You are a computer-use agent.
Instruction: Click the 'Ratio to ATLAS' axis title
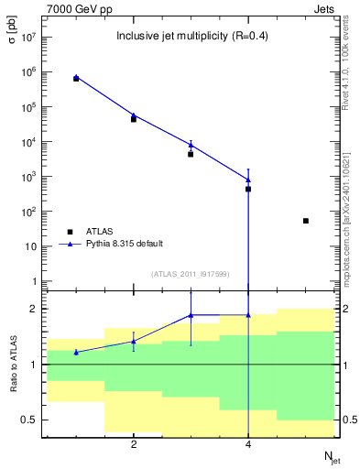tap(13, 365)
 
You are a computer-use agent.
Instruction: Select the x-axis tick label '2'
tap(134, 445)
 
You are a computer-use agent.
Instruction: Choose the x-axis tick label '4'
tap(248, 445)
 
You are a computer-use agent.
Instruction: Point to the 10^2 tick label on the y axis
tap(27, 212)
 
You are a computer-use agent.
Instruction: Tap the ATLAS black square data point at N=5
tap(305, 221)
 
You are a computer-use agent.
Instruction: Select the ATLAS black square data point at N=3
tap(191, 154)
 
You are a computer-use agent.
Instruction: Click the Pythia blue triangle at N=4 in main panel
tap(248, 180)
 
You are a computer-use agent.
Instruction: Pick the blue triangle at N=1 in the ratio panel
tap(76, 352)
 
